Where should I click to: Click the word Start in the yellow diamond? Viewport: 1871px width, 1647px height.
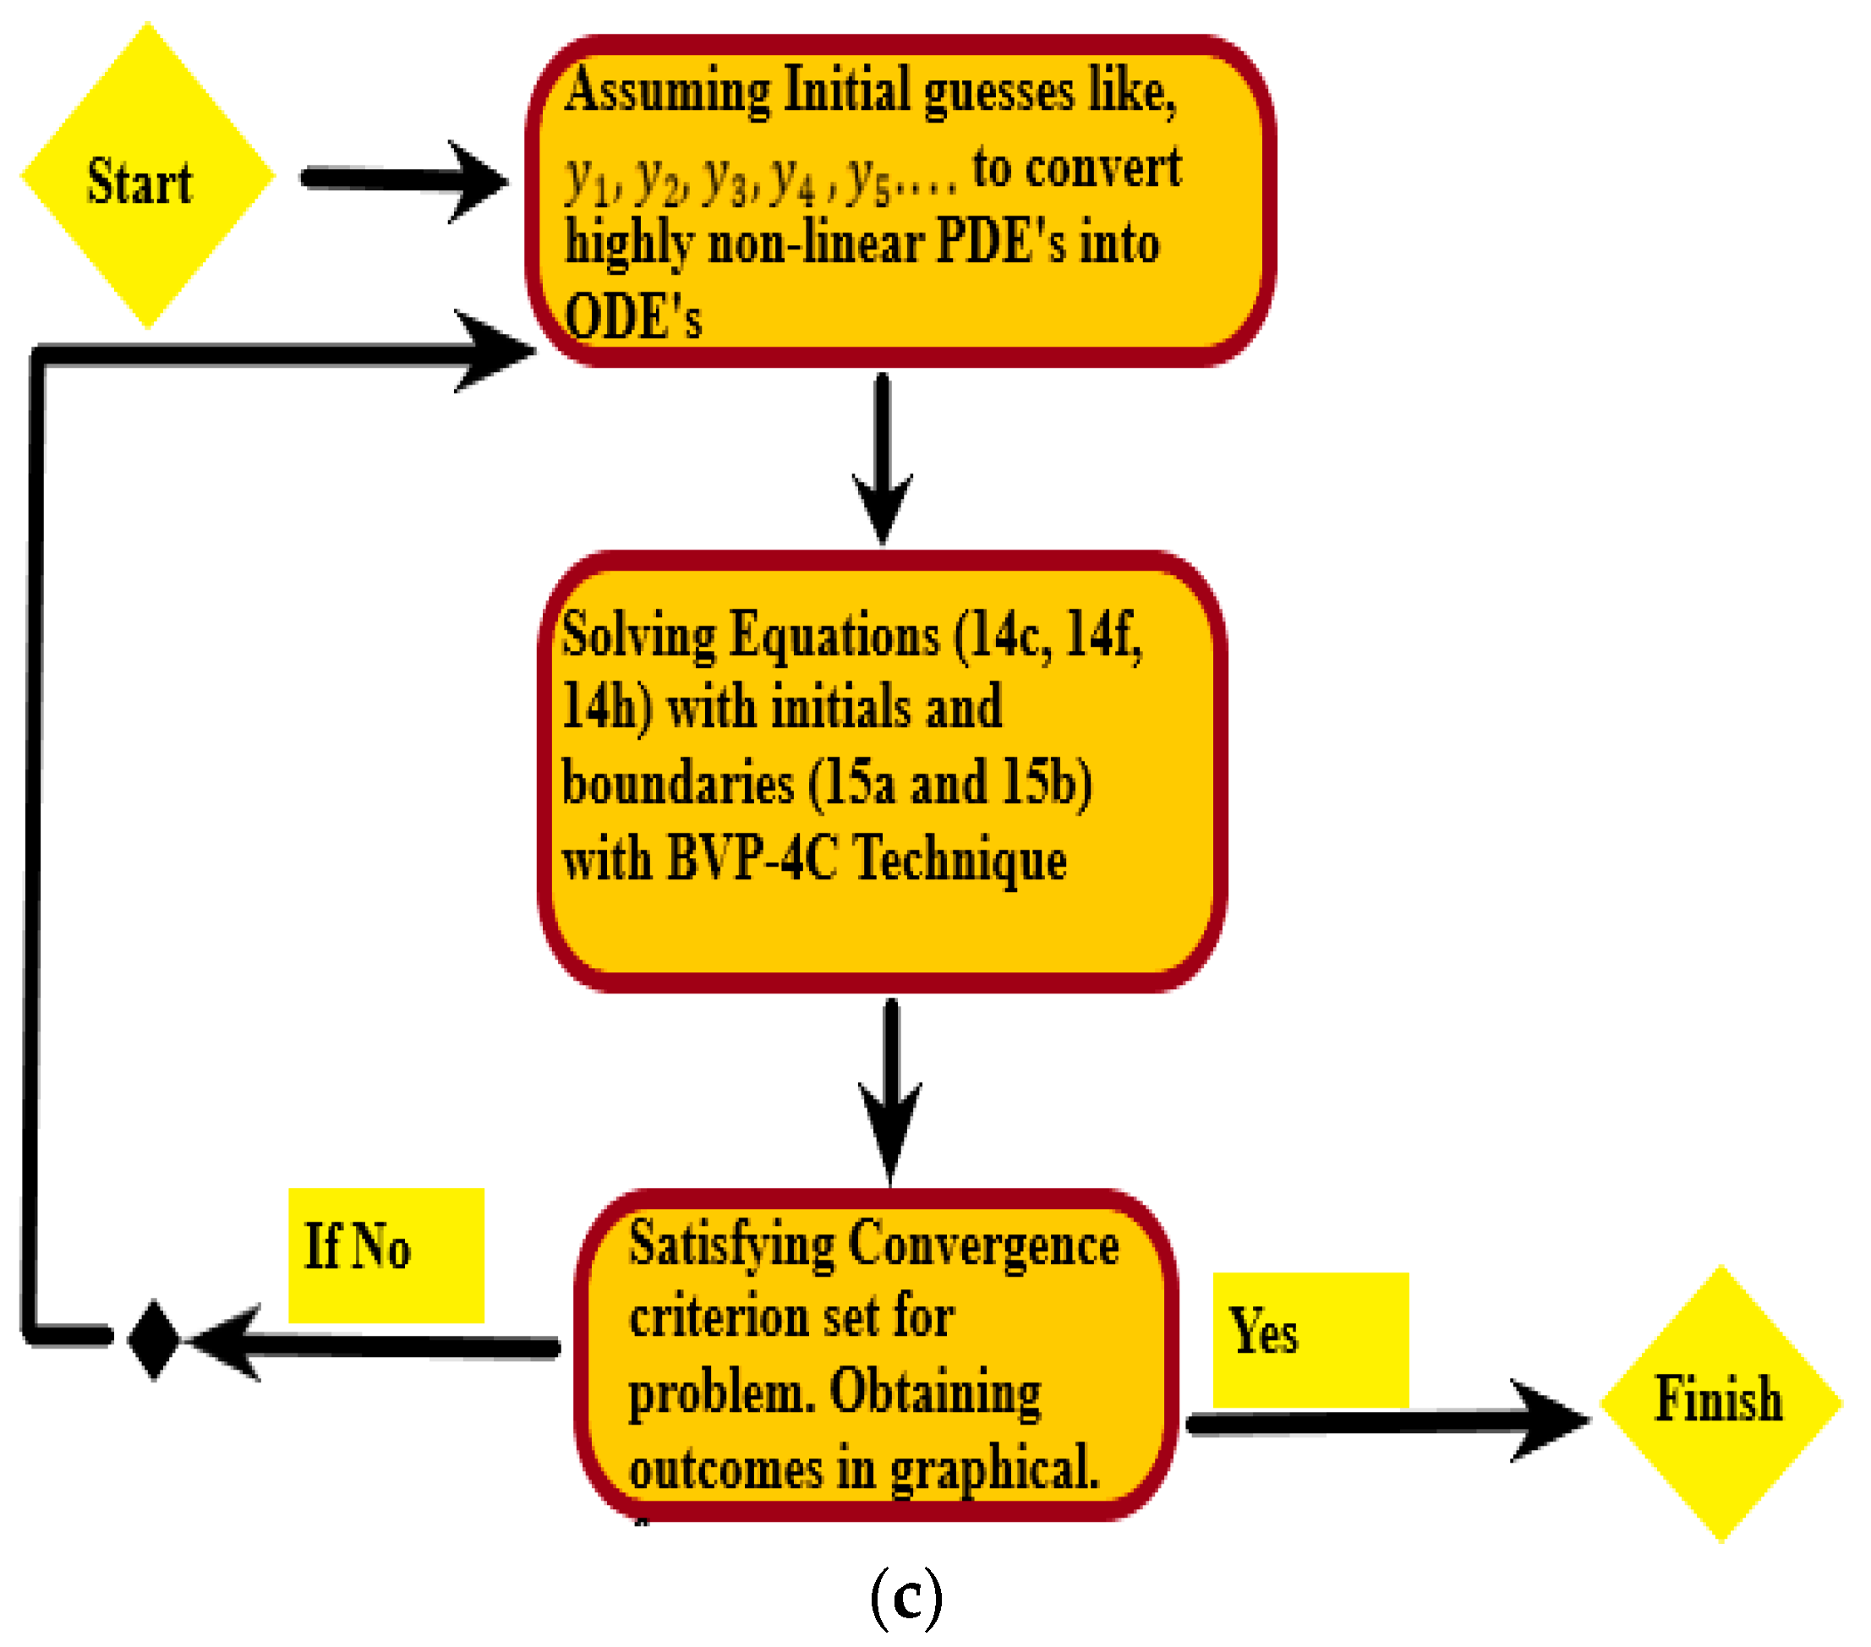point(140,181)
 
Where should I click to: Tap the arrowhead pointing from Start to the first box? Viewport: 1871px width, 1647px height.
point(480,180)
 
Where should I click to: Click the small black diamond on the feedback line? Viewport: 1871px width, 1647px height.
point(154,1338)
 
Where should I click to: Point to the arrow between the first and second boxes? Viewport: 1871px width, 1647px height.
point(882,457)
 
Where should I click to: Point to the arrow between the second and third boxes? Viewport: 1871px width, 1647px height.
point(889,1090)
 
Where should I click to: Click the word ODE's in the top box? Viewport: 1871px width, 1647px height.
point(632,317)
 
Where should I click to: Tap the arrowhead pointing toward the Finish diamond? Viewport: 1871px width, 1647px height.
point(1551,1420)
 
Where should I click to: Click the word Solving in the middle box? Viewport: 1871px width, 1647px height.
point(638,634)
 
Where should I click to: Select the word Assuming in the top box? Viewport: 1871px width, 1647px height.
point(667,90)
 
